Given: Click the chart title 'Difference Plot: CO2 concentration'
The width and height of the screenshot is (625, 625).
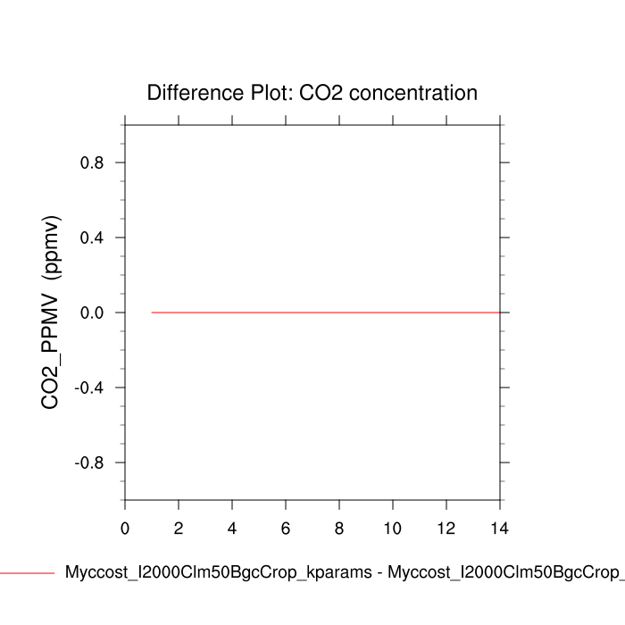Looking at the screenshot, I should coord(312,93).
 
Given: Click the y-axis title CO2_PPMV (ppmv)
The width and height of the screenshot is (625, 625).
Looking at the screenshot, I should coord(51,312).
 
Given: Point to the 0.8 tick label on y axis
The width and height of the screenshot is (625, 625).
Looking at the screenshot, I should coord(92,162).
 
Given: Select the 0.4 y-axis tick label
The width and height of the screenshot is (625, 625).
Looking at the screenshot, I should coord(92,237).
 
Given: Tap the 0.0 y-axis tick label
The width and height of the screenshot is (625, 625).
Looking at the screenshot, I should coord(92,312).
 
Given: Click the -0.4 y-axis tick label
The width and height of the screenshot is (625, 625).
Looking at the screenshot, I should coord(89,387).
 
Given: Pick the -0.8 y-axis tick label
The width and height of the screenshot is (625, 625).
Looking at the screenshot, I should coord(89,462).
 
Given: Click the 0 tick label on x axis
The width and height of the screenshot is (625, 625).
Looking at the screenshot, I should coord(125,528).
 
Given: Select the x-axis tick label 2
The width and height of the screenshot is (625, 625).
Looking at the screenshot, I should coord(179,528).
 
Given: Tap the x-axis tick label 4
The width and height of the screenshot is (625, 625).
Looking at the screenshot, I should coord(232,528).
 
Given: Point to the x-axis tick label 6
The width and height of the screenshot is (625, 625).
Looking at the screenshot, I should coord(286,528).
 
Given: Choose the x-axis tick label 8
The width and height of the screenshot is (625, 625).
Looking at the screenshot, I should coord(339,528).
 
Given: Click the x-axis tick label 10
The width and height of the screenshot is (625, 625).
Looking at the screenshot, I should coord(393,528).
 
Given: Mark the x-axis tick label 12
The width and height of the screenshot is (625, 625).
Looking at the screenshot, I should coord(446,528).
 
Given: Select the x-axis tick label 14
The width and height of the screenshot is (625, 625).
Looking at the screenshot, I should coord(500,528).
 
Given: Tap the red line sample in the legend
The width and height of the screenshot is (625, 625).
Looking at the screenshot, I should coord(27,573).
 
